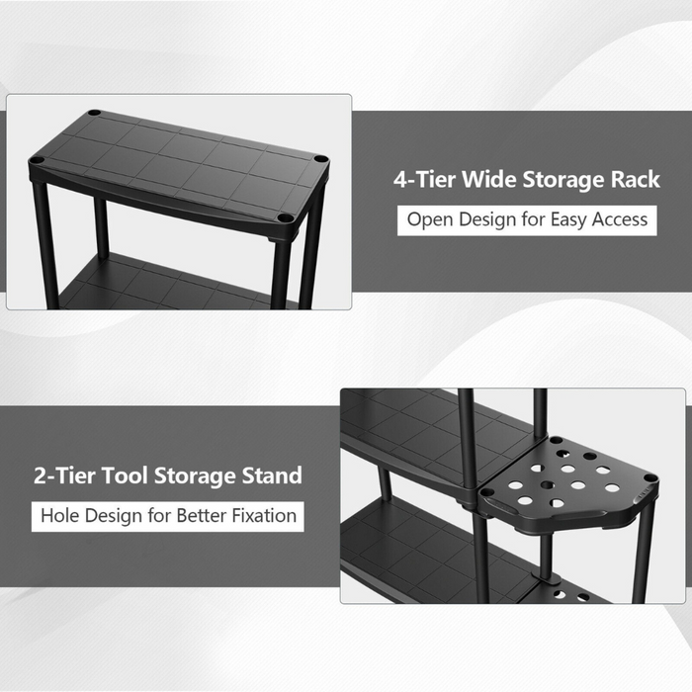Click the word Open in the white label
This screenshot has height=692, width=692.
(427, 218)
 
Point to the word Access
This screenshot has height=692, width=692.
(616, 218)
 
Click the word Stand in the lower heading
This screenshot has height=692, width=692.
(270, 476)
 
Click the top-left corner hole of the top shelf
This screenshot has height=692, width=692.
(94, 113)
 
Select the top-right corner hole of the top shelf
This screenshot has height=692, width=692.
(320, 158)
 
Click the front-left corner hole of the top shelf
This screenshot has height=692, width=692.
(37, 160)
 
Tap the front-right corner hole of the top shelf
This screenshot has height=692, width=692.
(284, 217)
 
